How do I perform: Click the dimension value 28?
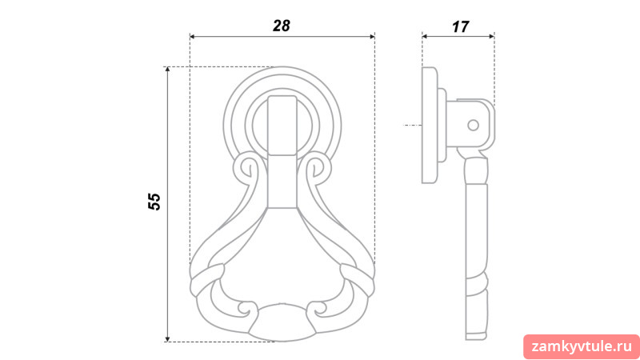pos(282,26)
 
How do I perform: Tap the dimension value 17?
pos(460,27)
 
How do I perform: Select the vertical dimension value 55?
pos(154,202)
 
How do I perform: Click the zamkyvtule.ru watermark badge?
pos(582,347)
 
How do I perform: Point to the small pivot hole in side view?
pos(473,125)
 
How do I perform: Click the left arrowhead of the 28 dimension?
pos(193,37)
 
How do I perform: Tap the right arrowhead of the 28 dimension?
pos(372,37)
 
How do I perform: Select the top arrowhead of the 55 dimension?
pos(167,70)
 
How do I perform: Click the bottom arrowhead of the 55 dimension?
pos(167,338)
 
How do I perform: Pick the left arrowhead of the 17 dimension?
pos(425,36)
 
